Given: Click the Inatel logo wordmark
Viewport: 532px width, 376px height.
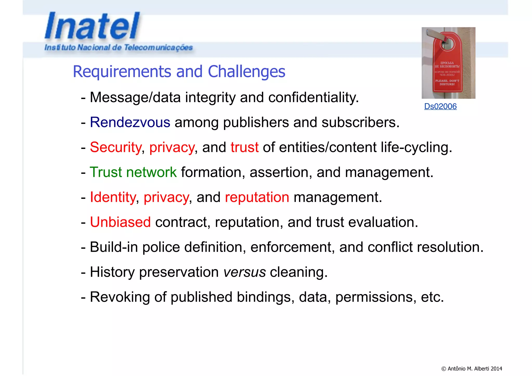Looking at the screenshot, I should [x=92, y=26].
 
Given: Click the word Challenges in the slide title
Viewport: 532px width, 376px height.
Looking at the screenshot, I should [x=246, y=71].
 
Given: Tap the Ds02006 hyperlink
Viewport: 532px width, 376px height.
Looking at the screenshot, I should [x=440, y=106].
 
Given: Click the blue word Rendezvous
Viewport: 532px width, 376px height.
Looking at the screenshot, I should [x=130, y=122].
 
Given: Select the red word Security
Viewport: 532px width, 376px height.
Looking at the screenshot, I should [x=116, y=147].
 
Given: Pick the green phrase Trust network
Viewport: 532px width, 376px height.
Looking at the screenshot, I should [x=133, y=172].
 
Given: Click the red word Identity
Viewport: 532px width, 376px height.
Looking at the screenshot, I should [x=113, y=197].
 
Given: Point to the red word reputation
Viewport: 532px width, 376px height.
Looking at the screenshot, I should [x=257, y=197].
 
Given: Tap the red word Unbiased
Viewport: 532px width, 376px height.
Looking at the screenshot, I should [x=120, y=222].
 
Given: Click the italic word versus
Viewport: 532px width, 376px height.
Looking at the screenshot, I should [x=244, y=272].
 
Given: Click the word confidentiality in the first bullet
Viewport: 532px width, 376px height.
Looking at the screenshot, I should [x=313, y=97].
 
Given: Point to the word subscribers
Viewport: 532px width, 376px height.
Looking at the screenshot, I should [x=360, y=122].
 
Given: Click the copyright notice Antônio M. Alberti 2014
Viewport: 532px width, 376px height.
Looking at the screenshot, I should [x=472, y=368].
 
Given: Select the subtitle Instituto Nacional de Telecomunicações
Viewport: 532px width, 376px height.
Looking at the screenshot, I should [x=118, y=48].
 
